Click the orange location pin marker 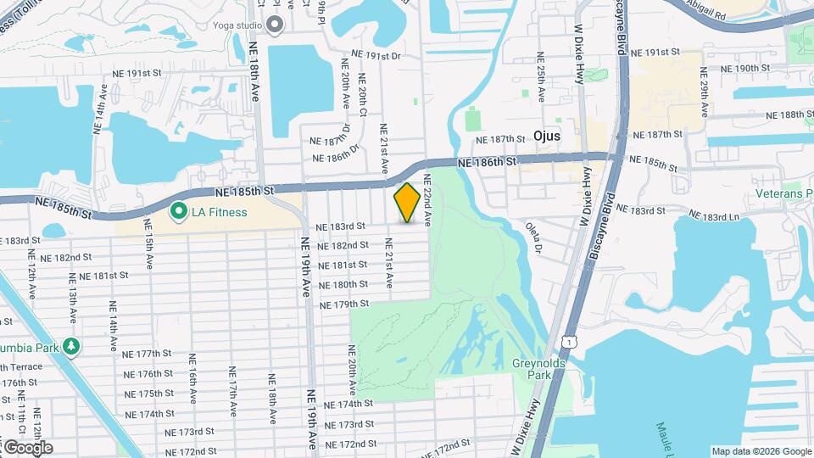pyautogui.click(x=407, y=203)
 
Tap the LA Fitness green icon pyautogui.click(x=178, y=211)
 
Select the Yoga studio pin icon pyautogui.click(x=274, y=25)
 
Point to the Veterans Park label pyautogui.click(x=784, y=193)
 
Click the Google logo pyautogui.click(x=27, y=447)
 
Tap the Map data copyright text pyautogui.click(x=761, y=451)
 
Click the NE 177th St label pyautogui.click(x=148, y=354)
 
